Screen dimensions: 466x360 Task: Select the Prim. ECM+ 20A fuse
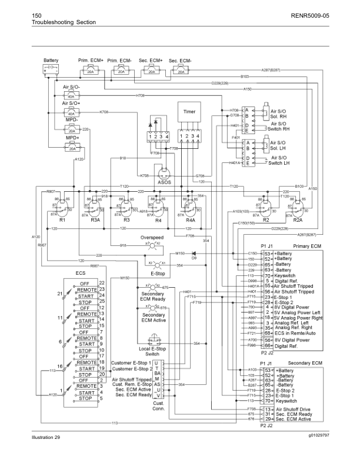click(91, 70)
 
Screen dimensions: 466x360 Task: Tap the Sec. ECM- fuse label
click(182, 61)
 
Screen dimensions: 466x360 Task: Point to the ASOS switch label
click(165, 183)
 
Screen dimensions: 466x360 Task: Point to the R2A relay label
click(297, 219)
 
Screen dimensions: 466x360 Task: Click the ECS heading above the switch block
click(81, 273)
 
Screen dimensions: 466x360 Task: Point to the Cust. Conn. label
click(158, 405)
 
